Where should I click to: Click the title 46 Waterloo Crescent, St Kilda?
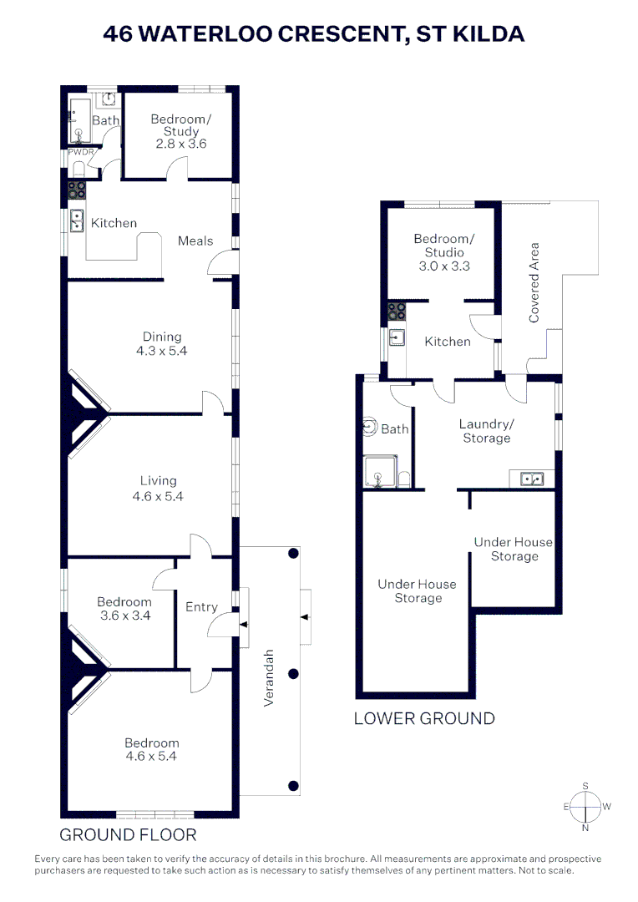(314, 34)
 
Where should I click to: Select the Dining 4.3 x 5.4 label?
(161, 344)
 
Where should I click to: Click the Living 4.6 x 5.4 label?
(159, 488)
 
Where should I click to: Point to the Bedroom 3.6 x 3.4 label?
(124, 609)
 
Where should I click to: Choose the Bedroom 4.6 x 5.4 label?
(152, 750)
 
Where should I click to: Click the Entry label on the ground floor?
(201, 607)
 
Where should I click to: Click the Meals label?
(195, 241)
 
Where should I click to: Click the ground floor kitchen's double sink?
(77, 220)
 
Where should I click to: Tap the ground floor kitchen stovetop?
(77, 190)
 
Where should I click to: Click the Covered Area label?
(535, 282)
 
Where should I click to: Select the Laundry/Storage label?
(486, 431)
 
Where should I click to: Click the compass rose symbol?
(585, 807)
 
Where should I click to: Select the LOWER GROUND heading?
(424, 718)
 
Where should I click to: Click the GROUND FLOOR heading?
(128, 834)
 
